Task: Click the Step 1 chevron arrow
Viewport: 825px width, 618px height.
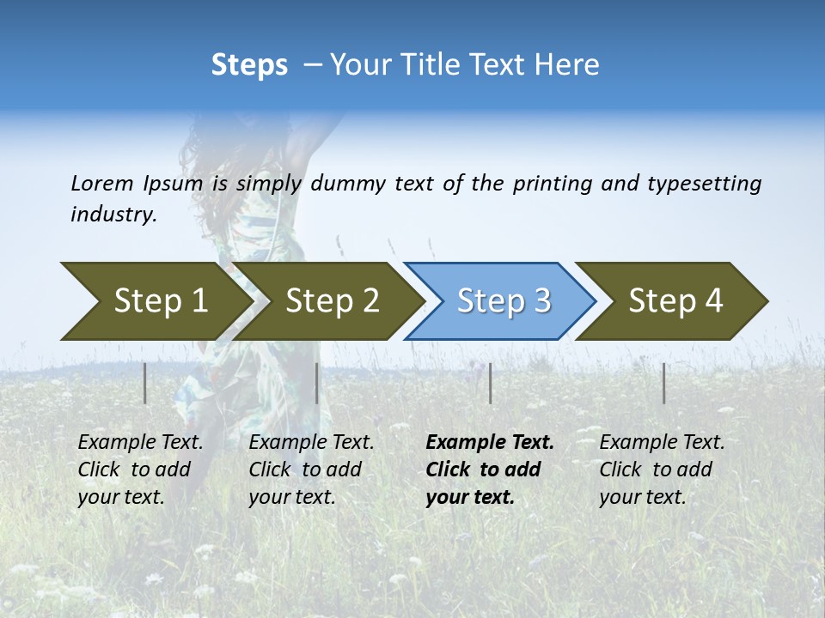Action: (x=155, y=301)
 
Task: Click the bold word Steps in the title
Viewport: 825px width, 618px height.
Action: (x=249, y=64)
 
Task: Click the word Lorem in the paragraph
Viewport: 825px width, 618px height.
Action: (x=101, y=183)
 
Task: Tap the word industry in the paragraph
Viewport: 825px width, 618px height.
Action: (x=113, y=214)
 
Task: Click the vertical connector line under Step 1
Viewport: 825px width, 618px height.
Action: (x=145, y=383)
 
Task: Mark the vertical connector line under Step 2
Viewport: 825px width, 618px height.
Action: (x=317, y=383)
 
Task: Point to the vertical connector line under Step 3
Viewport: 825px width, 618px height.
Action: (x=490, y=383)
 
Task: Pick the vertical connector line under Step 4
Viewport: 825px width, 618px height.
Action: (x=663, y=383)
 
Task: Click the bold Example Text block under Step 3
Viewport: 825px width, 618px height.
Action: (x=489, y=470)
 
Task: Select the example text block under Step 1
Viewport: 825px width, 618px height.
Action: (x=140, y=470)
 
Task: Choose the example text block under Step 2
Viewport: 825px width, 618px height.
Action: (x=311, y=470)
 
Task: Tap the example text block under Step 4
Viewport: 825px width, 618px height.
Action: (x=662, y=470)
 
